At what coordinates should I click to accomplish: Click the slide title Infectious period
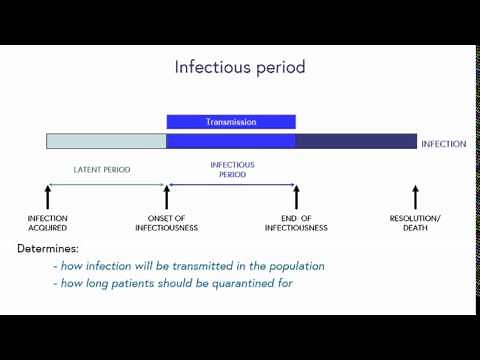click(x=240, y=68)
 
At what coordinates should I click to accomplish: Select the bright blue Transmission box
click(x=231, y=122)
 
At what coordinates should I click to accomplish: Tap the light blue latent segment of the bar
click(x=106, y=142)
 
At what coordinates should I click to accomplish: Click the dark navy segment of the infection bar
click(x=356, y=142)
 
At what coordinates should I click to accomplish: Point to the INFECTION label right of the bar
click(x=443, y=144)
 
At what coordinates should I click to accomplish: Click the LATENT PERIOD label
click(x=101, y=169)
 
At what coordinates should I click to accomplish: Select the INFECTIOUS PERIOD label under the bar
click(x=232, y=169)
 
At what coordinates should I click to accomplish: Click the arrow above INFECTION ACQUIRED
click(x=47, y=197)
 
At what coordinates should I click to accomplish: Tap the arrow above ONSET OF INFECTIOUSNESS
click(x=166, y=197)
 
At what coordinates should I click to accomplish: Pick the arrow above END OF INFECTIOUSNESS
click(x=296, y=197)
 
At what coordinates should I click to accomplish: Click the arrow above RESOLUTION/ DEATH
click(x=415, y=197)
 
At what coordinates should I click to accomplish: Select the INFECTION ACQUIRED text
click(x=47, y=222)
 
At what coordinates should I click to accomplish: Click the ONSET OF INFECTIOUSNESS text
click(x=166, y=222)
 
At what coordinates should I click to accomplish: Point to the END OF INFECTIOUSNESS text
click(x=296, y=222)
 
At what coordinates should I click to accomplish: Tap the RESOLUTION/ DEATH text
click(x=415, y=222)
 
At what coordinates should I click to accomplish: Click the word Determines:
click(x=48, y=247)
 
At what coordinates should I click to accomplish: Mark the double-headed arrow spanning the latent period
click(x=106, y=184)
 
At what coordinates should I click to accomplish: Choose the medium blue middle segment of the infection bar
click(x=231, y=142)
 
